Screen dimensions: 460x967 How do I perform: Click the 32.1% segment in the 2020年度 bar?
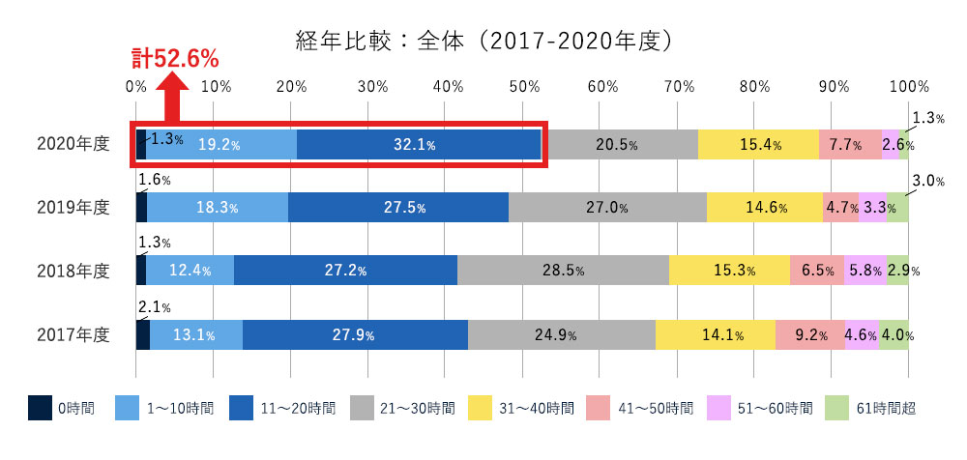[418, 145]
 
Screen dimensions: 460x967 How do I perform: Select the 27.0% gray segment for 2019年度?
[607, 208]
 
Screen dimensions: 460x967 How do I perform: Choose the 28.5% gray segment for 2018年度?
[562, 272]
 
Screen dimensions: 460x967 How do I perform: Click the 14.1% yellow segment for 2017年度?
[716, 335]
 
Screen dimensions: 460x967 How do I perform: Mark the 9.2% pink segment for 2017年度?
[809, 335]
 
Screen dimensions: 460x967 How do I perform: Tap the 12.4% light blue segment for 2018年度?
[190, 272]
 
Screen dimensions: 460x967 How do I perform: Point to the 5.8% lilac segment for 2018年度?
[864, 272]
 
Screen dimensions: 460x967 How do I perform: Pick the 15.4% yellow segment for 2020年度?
[758, 145]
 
